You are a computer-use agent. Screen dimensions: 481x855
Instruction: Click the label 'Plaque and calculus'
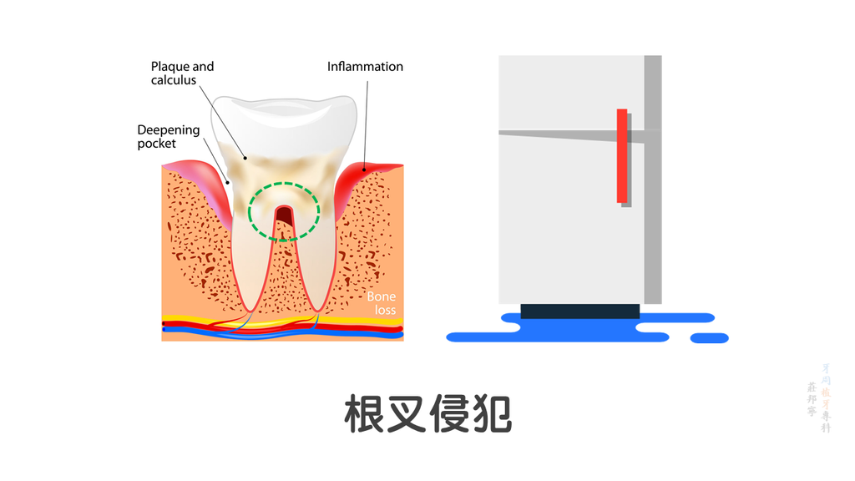(182, 73)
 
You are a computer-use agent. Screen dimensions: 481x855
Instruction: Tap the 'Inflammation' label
(365, 67)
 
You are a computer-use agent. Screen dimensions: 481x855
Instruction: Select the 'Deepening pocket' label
(169, 137)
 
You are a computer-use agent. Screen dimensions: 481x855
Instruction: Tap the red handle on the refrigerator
(622, 155)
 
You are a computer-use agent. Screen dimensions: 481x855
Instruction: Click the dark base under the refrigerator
(579, 311)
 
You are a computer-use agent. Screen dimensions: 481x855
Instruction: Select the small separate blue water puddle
(709, 338)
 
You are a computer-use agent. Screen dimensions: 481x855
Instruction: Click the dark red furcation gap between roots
(285, 220)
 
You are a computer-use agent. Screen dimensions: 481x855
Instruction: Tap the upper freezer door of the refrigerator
(568, 92)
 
